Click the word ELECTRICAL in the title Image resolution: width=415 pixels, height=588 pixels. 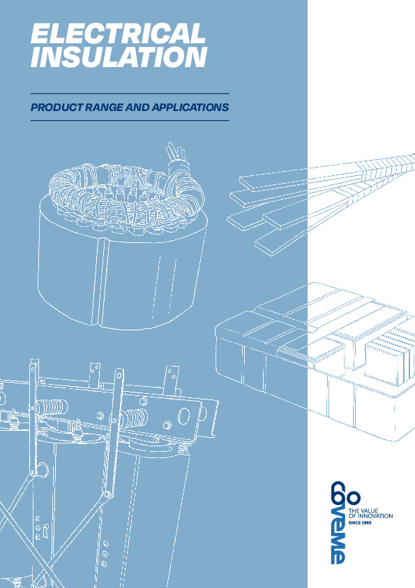tap(118, 33)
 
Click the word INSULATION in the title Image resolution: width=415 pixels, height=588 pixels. tap(119, 57)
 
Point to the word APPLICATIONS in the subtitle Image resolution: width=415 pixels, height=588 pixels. tap(190, 108)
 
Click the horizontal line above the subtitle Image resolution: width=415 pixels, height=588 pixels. tap(130, 94)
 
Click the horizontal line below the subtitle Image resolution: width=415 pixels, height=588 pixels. tap(130, 120)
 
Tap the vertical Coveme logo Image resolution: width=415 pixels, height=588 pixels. tap(338, 522)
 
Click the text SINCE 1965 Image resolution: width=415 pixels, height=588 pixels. tap(360, 523)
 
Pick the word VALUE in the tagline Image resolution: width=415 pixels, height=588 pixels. tap(368, 510)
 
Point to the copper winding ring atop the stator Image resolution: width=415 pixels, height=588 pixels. tap(128, 195)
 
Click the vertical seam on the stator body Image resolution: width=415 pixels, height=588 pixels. tap(98, 281)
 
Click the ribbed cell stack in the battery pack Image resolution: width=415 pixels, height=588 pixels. tap(389, 356)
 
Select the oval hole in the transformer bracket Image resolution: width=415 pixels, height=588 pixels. tap(184, 416)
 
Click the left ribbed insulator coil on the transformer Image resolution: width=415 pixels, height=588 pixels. tap(52, 407)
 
